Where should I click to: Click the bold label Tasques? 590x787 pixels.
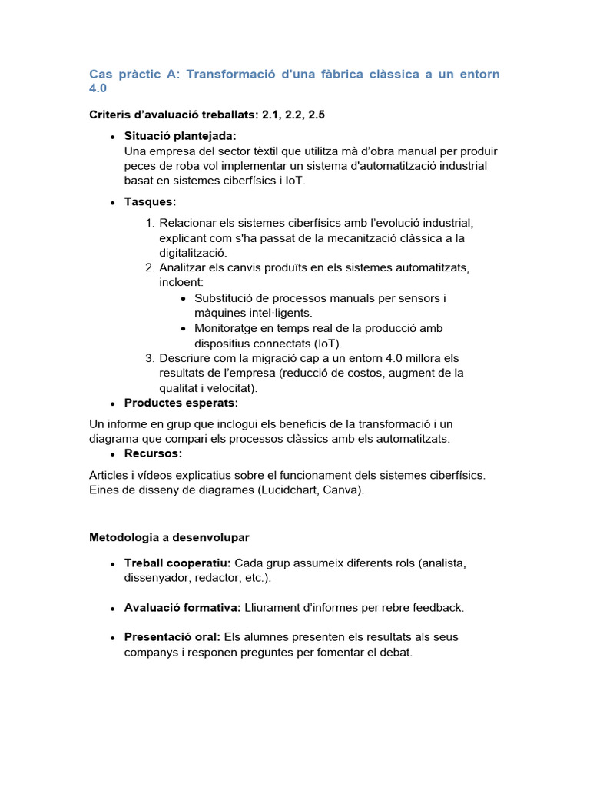(150, 202)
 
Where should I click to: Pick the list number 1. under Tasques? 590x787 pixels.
(150, 223)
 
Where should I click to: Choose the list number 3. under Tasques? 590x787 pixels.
(150, 358)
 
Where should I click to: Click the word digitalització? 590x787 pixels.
(193, 253)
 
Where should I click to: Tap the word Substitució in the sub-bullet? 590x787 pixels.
(225, 298)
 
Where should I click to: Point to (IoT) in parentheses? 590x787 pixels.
(326, 344)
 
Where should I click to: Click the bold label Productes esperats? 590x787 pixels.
(181, 403)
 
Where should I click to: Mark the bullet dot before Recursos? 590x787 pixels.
(113, 454)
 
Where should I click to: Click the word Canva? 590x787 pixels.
(343, 490)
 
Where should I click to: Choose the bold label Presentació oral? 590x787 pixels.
(172, 637)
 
